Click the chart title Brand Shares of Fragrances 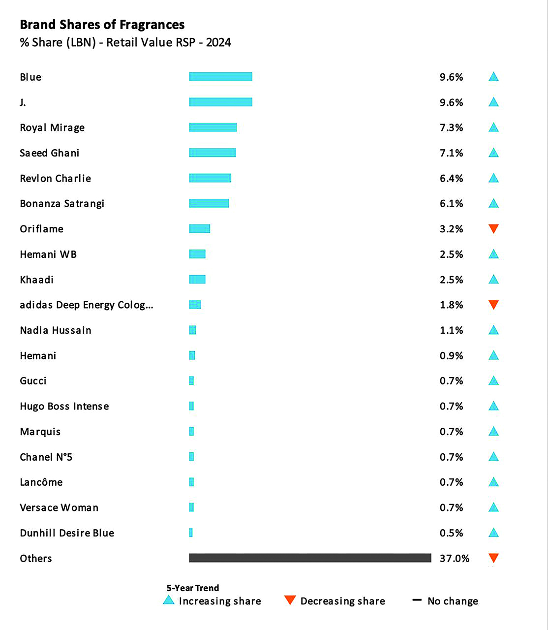click(x=102, y=25)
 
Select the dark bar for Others click(x=310, y=558)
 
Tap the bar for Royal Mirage click(x=213, y=127)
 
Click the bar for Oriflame click(x=199, y=229)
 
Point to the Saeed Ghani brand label click(x=49, y=153)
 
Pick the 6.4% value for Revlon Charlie click(x=451, y=178)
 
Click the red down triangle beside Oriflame click(x=493, y=228)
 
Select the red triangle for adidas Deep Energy click(x=493, y=305)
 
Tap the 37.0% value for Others click(x=454, y=558)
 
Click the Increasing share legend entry click(x=219, y=601)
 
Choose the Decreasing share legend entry click(x=342, y=601)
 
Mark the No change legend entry click(x=452, y=601)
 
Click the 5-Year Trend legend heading click(x=193, y=588)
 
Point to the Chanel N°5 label click(x=46, y=457)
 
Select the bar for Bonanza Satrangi click(x=209, y=203)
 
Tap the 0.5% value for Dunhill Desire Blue click(x=451, y=533)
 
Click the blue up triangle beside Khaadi click(x=493, y=280)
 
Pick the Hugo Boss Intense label click(x=64, y=407)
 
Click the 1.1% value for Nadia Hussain click(x=451, y=330)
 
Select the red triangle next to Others click(x=493, y=558)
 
